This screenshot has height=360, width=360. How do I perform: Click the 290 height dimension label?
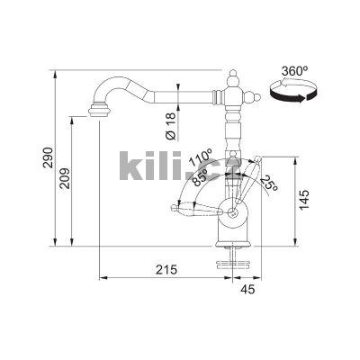pyautogui.click(x=48, y=157)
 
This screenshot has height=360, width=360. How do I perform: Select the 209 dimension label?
pyautogui.click(x=65, y=178)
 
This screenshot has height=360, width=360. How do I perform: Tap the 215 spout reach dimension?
pyautogui.click(x=166, y=270)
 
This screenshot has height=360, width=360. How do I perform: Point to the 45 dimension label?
pyautogui.click(x=247, y=289)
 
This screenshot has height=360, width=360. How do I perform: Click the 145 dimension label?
pyautogui.click(x=304, y=200)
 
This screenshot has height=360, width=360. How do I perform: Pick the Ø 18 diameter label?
pyautogui.click(x=170, y=127)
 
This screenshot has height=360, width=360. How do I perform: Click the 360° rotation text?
pyautogui.click(x=295, y=71)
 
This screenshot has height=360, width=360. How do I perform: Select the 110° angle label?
pyautogui.click(x=201, y=157)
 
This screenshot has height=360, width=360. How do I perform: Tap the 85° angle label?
pyautogui.click(x=201, y=177)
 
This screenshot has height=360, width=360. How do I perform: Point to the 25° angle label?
pyautogui.click(x=269, y=183)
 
